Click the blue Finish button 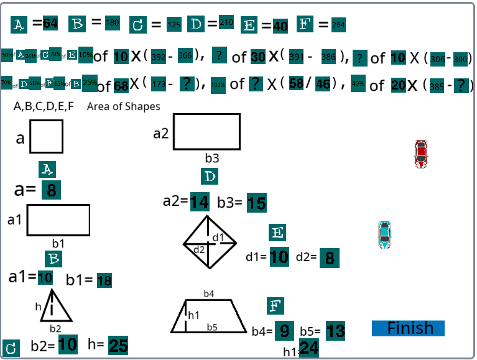[408, 328]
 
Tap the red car [421, 154]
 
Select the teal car [385, 235]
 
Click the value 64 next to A [50, 24]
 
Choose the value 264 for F [338, 25]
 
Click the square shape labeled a [46, 136]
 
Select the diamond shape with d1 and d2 [210, 242]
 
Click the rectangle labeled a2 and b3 [206, 132]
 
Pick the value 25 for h [118, 345]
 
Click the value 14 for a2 [200, 202]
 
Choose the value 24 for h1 [309, 349]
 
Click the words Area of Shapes [123, 106]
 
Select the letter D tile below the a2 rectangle [210, 177]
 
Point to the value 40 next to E [280, 25]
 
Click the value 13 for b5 [335, 331]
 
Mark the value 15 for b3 [256, 203]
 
